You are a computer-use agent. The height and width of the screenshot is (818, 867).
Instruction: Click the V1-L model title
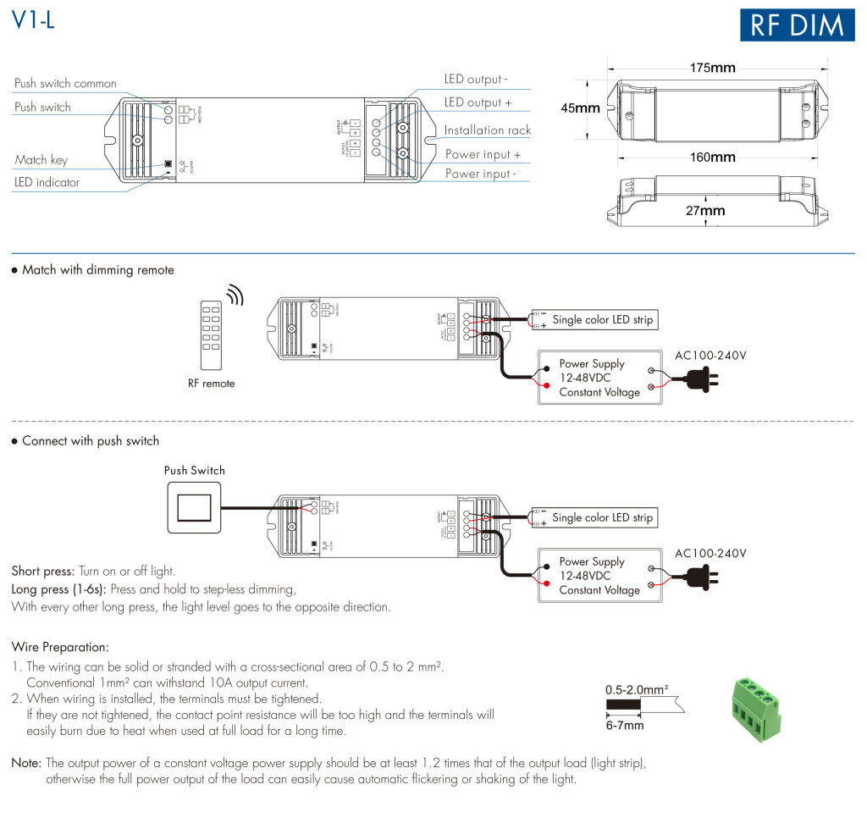pos(34,21)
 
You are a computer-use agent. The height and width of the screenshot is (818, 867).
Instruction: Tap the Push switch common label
pos(65,84)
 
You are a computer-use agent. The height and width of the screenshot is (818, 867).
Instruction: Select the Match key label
pos(41,160)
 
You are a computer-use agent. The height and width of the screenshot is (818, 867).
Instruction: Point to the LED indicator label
pos(47,182)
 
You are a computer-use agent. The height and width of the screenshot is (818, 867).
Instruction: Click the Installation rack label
pos(488,130)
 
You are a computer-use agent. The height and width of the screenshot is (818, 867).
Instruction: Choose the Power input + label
pos(483,154)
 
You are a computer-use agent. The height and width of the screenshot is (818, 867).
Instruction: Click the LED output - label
pos(476,80)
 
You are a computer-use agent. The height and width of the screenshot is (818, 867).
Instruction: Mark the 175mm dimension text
pos(711,68)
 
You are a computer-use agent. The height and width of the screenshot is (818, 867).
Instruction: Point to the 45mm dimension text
pos(581,108)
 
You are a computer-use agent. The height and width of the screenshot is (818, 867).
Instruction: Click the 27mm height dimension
pos(705,211)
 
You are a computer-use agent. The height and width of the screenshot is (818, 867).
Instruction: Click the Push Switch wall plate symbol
pos(194,508)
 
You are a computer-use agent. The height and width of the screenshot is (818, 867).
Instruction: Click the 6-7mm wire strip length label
pos(625,725)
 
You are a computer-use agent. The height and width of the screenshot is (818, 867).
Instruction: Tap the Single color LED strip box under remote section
pos(602,320)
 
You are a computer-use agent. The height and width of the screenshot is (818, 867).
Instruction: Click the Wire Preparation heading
pos(60,647)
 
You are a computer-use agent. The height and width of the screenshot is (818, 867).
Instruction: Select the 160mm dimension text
pos(711,158)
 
